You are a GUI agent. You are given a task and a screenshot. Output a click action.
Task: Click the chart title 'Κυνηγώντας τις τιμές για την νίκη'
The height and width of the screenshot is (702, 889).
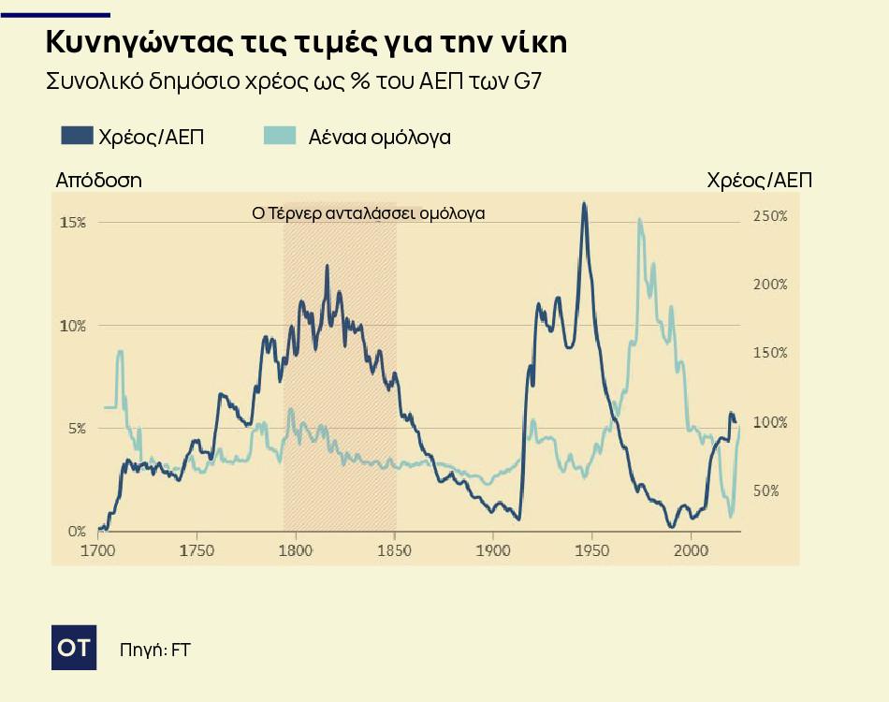tap(305, 43)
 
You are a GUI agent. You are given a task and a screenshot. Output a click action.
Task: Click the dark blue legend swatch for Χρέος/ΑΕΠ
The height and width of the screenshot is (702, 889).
tap(76, 136)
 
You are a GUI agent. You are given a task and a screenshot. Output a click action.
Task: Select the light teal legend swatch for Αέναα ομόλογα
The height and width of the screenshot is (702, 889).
tap(280, 136)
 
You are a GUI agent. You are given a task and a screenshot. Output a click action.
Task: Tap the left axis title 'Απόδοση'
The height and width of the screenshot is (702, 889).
tap(98, 181)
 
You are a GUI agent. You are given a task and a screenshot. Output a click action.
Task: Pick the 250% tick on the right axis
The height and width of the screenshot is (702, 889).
tap(770, 216)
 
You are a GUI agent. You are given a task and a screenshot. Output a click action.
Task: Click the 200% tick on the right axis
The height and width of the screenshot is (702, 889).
tap(770, 285)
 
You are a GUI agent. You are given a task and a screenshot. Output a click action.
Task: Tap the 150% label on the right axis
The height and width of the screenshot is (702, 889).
tap(770, 353)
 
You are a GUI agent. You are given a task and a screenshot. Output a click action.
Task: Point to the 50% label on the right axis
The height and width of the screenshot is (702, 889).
tap(767, 490)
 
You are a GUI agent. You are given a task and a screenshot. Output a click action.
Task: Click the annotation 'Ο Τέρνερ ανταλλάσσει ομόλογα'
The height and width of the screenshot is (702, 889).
tap(369, 212)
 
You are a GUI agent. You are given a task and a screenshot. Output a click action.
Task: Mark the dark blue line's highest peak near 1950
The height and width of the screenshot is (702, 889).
tap(584, 203)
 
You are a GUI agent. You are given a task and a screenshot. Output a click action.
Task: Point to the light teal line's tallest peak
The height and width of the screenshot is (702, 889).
tap(640, 220)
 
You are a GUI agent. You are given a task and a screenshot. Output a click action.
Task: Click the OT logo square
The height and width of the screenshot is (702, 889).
tap(74, 647)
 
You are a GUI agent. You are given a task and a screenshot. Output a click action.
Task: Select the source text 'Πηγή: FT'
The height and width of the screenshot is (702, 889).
tap(154, 649)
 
